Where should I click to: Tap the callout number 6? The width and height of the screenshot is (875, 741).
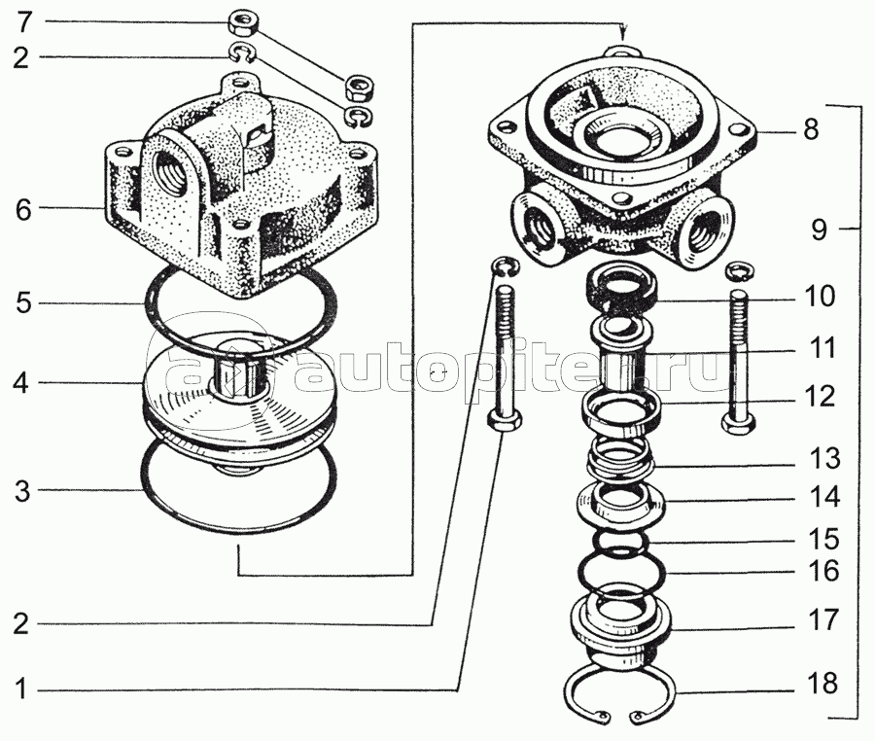(x=23, y=210)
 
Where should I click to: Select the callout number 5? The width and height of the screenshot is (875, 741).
(x=23, y=303)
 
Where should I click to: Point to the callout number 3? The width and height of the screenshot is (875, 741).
(x=21, y=491)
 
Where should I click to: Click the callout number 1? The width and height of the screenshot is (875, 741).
(x=20, y=689)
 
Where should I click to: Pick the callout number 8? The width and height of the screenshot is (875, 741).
(x=810, y=129)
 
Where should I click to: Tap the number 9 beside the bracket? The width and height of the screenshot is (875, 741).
(x=819, y=229)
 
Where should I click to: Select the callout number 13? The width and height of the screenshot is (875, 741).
(x=824, y=459)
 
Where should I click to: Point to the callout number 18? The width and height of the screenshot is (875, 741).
(x=823, y=684)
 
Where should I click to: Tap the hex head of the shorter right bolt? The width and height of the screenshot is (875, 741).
(x=740, y=422)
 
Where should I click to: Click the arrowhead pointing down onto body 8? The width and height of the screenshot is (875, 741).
(x=624, y=31)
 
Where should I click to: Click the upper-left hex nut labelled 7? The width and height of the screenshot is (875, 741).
(x=242, y=24)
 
